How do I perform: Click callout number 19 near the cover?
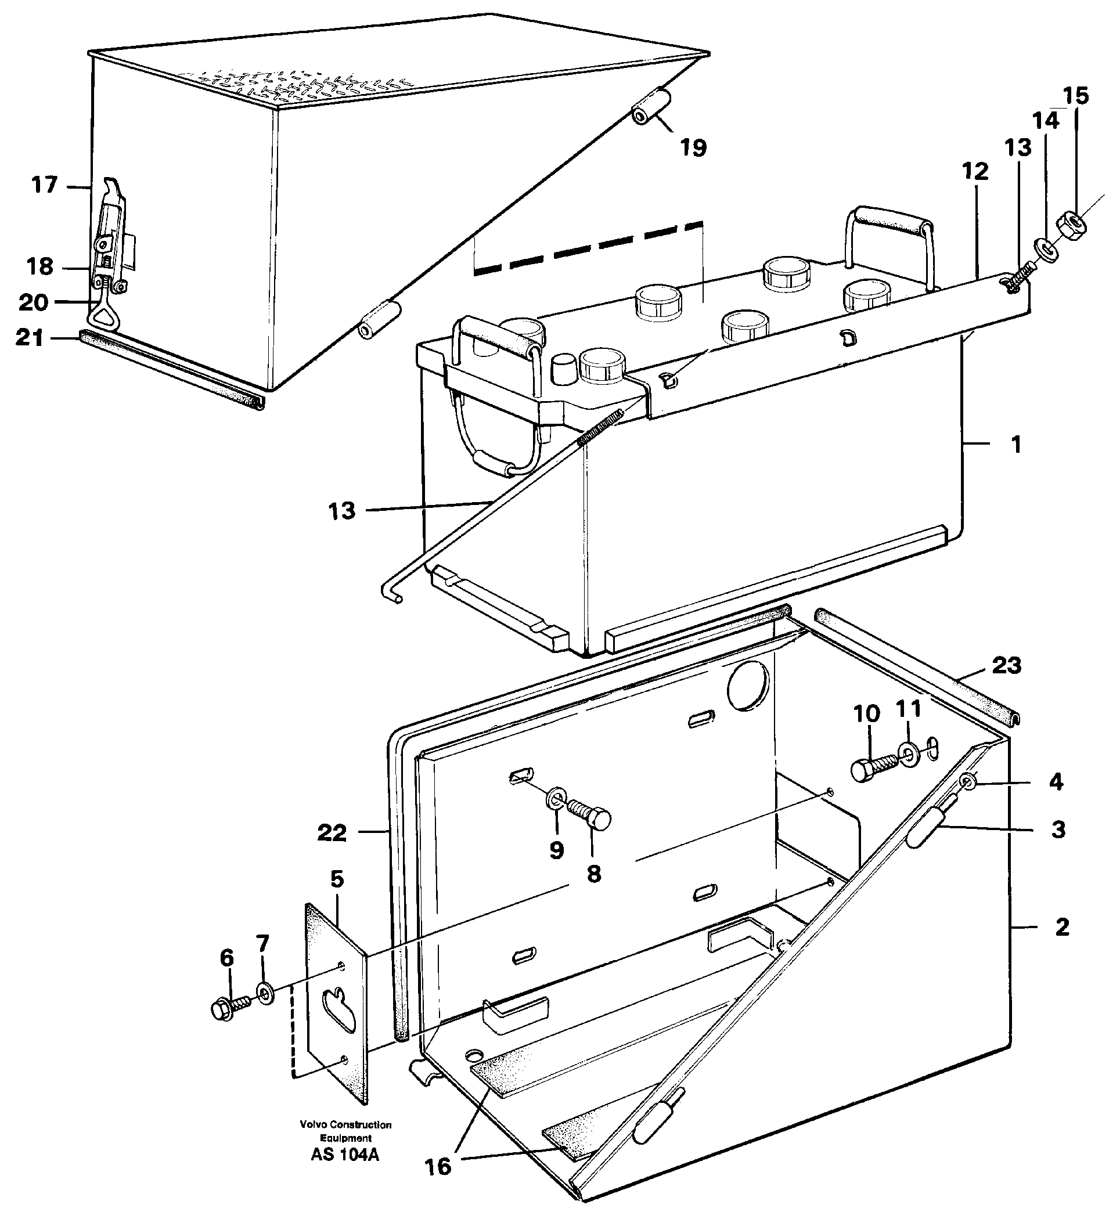[x=693, y=147]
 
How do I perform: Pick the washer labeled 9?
[x=556, y=799]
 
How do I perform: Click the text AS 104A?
[x=345, y=1155]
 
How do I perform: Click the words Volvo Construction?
[x=345, y=1125]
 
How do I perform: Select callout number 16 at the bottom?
[x=438, y=1167]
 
